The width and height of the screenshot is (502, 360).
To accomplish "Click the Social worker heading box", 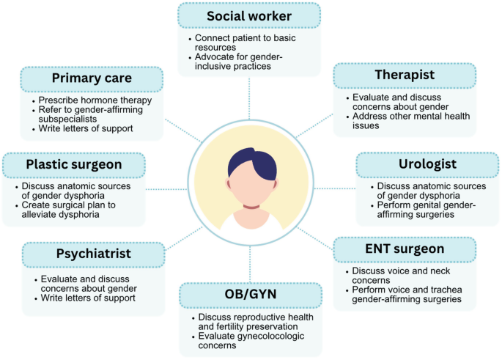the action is [x=249, y=15].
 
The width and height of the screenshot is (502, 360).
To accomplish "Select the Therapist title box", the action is [x=405, y=76].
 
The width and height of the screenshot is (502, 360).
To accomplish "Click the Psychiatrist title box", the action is [x=94, y=254].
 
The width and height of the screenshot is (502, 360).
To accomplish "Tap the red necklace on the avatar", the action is [x=248, y=204].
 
